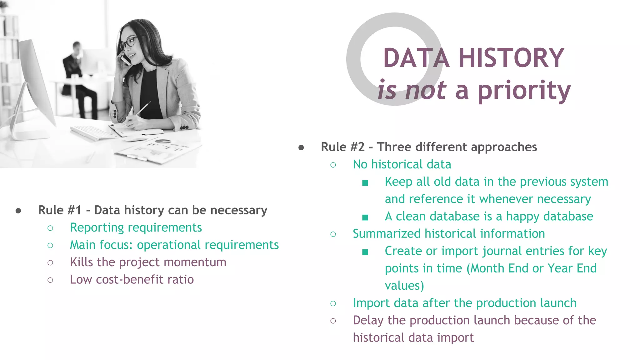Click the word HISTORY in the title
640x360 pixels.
(x=511, y=58)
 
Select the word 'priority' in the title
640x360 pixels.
(x=524, y=91)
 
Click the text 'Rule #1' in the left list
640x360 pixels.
(x=59, y=210)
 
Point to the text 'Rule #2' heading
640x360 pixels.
(x=342, y=147)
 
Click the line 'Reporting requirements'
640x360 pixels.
(x=136, y=228)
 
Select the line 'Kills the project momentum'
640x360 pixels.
(x=148, y=262)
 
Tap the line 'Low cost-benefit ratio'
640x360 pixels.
(x=132, y=280)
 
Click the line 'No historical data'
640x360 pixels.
(x=402, y=165)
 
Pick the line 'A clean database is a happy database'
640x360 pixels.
(x=489, y=217)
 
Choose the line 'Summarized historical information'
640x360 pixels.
(x=449, y=234)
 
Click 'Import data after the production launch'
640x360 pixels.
(x=464, y=303)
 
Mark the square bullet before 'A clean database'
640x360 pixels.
(x=365, y=217)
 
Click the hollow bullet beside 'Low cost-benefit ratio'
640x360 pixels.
(x=50, y=280)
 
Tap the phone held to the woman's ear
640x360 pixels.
(x=126, y=59)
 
